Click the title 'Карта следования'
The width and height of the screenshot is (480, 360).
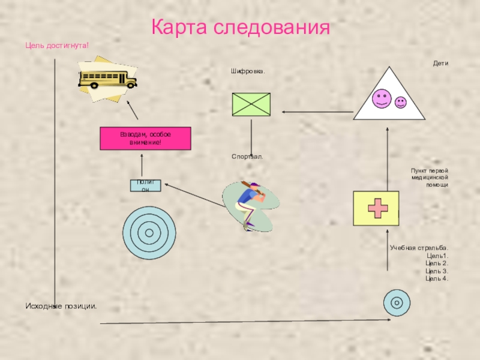coord(240,28)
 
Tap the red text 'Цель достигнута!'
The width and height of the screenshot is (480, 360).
coord(57,45)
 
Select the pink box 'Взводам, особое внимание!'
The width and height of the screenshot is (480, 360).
coord(145,138)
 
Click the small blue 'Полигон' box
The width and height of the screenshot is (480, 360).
coord(145,185)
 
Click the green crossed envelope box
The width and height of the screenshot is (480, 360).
coord(251,104)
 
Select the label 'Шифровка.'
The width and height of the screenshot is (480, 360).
coord(248,71)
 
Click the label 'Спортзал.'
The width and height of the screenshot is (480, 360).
coord(247,157)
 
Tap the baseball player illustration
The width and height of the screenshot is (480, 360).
coord(250,204)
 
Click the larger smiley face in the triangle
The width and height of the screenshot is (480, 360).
coord(380,98)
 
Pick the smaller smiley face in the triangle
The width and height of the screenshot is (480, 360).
coord(400,103)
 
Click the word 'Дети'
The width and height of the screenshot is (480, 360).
coord(441,63)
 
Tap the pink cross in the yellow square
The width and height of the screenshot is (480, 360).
coord(376,208)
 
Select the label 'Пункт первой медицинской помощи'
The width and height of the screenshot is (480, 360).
coord(430,178)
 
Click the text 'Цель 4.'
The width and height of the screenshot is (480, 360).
coord(437,278)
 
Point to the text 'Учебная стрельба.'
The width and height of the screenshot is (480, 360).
coord(419,248)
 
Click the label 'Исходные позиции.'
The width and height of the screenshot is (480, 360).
coord(61,307)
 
